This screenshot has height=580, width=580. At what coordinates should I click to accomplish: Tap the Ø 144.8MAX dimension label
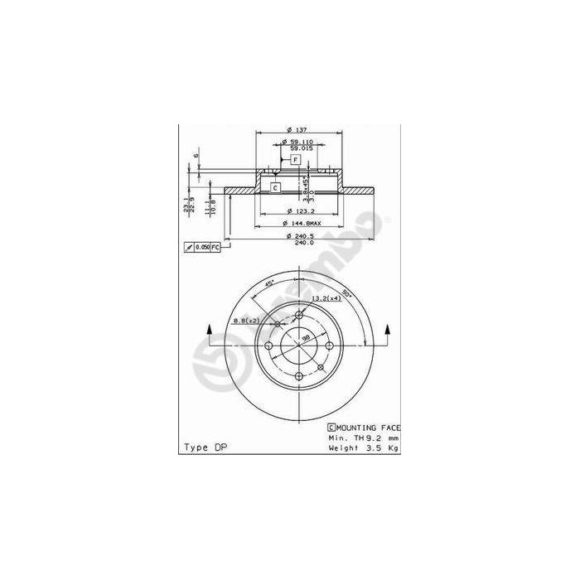tap(301, 224)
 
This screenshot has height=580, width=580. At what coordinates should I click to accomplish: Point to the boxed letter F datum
tap(294, 158)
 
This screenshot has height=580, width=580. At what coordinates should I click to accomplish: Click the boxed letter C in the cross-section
tap(275, 188)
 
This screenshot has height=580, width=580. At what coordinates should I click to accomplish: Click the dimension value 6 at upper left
tap(196, 155)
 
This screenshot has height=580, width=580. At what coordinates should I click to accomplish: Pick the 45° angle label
tap(269, 284)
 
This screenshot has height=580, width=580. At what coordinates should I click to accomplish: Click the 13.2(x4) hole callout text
tap(326, 297)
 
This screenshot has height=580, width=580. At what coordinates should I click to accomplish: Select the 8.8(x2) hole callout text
tap(246, 320)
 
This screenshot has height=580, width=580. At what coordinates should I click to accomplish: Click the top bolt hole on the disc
tap(298, 314)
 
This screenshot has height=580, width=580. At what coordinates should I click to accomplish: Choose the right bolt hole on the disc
tap(329, 345)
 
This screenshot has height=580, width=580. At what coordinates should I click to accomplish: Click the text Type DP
tap(204, 447)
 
